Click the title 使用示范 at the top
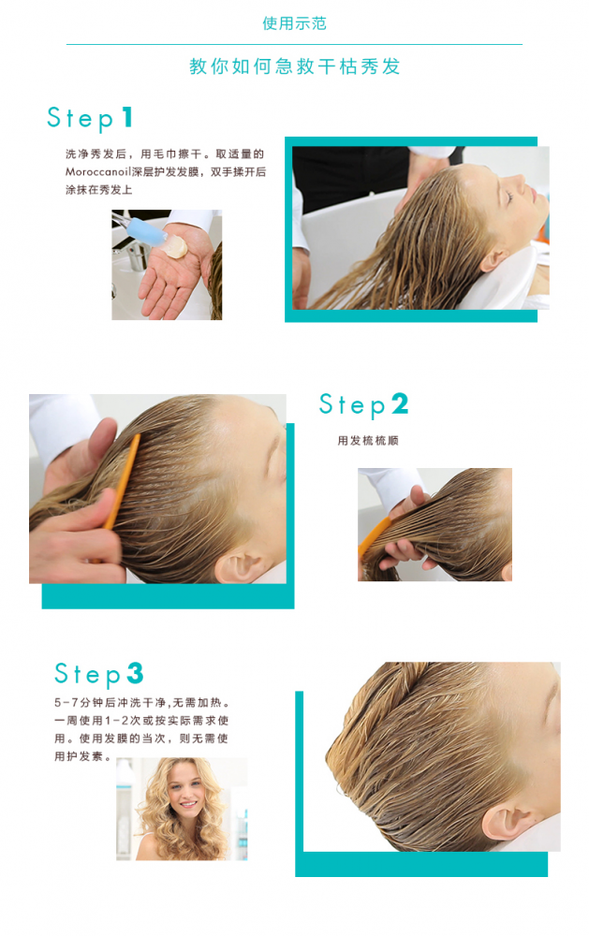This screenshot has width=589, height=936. click(294, 23)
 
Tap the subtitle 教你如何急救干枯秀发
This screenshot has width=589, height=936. click(294, 66)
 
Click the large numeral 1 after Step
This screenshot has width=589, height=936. click(126, 117)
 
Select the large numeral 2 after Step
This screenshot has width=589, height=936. click(400, 403)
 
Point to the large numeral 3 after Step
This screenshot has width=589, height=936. click(135, 673)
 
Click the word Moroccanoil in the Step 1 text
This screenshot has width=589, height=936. click(98, 172)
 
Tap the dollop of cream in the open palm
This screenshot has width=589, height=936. click(175, 246)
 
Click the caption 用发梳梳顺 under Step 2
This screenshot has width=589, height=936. click(368, 441)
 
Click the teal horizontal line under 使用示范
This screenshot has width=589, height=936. click(294, 44)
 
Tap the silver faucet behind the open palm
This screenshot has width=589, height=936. click(136, 256)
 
